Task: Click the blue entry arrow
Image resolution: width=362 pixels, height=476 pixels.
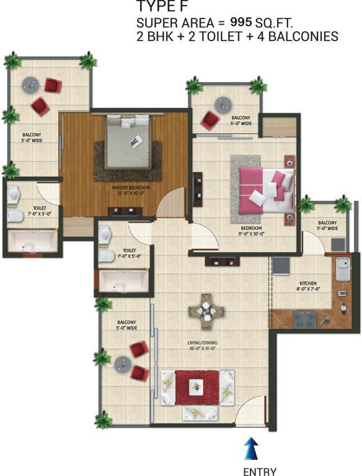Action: [x=251, y=449]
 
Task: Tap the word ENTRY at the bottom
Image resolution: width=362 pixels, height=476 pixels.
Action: [x=260, y=472]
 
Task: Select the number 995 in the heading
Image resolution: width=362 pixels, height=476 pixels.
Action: [x=241, y=22]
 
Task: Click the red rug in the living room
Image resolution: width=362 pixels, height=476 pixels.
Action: [x=197, y=387]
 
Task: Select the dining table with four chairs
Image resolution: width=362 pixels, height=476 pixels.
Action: [x=206, y=312]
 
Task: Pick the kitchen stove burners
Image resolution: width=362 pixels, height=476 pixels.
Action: [x=305, y=320]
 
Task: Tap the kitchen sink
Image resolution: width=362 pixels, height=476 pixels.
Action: [x=343, y=268]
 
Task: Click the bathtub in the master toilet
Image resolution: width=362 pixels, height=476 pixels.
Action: [x=32, y=241]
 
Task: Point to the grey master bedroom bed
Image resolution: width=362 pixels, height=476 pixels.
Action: [x=128, y=141]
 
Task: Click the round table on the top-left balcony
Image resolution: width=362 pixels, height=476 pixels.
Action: [x=30, y=85]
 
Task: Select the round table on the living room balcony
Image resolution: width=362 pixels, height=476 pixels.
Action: [x=123, y=364]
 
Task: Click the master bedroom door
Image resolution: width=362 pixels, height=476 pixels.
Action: [x=172, y=202]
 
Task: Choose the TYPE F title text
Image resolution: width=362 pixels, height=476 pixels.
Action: [x=162, y=6]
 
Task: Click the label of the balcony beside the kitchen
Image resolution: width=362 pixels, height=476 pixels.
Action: [x=327, y=225]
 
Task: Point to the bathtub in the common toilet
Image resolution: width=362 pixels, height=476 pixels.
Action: [x=124, y=281]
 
